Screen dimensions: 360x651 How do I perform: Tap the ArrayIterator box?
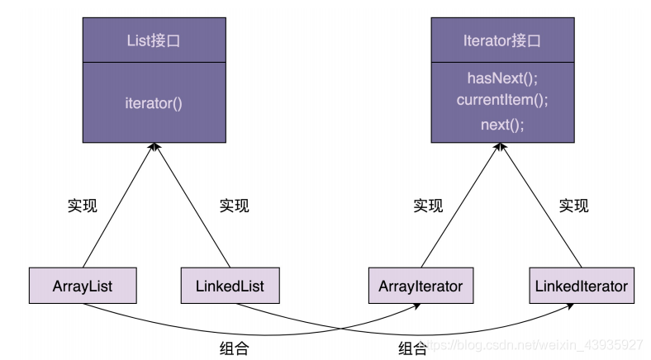point(421,287)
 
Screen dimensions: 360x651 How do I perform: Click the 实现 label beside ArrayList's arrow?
point(82,206)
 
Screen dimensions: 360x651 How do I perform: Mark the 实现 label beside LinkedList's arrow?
point(234,206)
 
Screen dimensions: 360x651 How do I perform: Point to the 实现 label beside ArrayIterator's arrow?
point(428,206)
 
